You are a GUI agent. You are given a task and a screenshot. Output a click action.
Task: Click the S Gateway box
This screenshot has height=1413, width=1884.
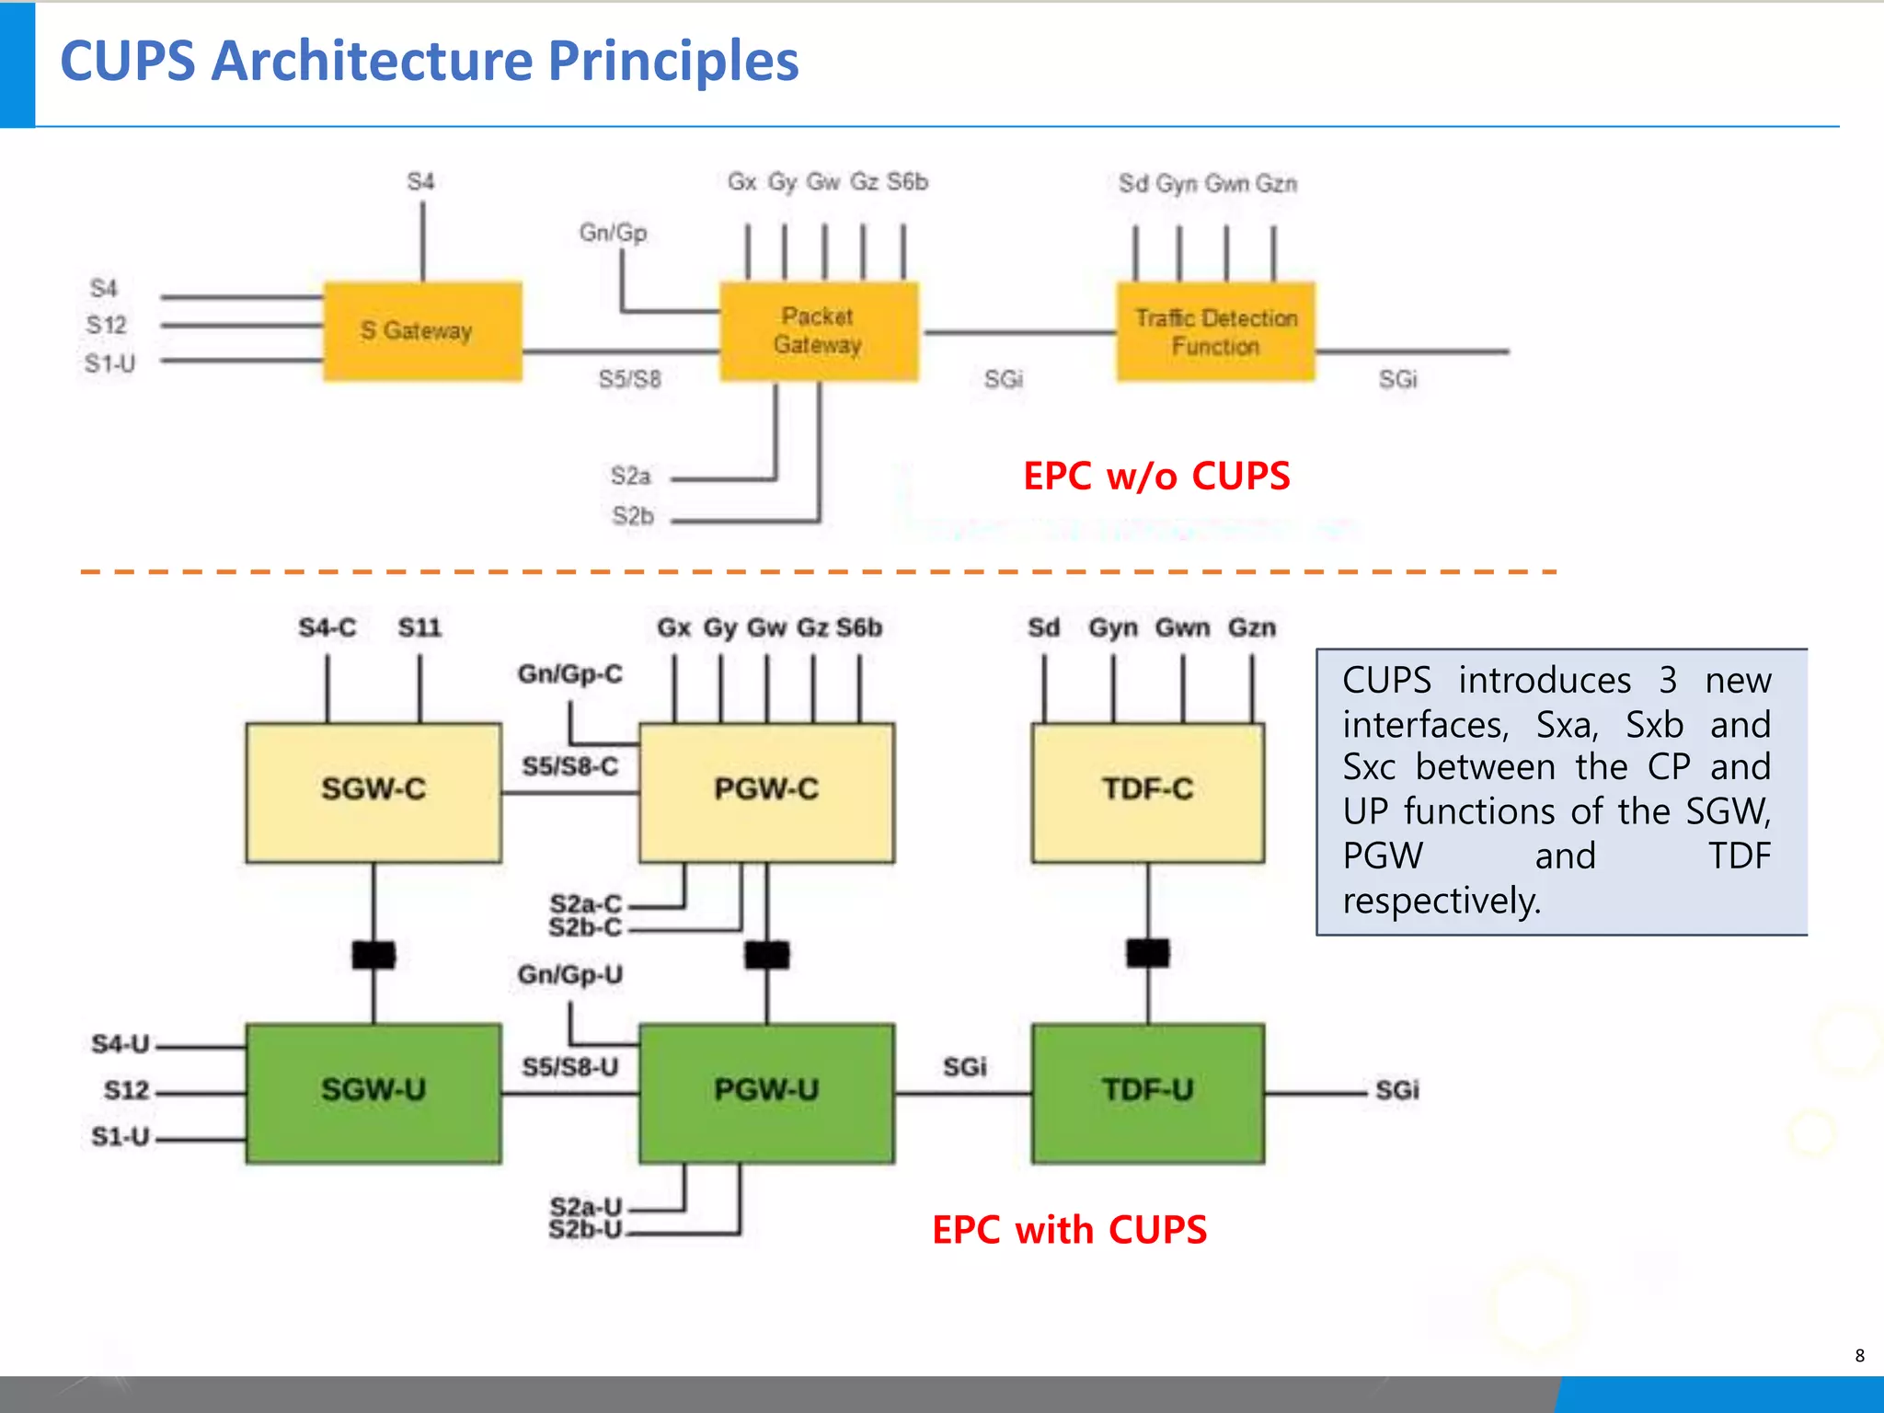pos(422,331)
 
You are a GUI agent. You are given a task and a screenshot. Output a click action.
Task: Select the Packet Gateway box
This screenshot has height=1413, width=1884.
pos(819,331)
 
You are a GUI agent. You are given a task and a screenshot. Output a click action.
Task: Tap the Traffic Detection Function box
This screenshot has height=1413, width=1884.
pos(1215,332)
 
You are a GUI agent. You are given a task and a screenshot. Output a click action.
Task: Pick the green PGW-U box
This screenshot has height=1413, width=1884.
pos(766,1092)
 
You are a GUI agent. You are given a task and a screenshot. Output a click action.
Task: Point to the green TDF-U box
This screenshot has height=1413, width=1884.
pos(1147,1092)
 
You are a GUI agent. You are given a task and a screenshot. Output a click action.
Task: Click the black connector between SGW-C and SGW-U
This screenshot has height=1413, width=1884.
pos(373,955)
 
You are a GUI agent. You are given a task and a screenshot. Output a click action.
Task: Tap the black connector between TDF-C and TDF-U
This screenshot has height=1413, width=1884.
pos(1147,953)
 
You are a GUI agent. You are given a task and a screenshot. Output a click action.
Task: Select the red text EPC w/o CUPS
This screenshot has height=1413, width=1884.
pos(1156,477)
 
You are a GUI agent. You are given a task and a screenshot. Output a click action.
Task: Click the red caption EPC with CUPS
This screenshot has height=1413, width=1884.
pos(1069,1230)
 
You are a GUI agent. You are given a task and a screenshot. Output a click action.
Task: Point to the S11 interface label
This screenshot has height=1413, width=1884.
pos(419,628)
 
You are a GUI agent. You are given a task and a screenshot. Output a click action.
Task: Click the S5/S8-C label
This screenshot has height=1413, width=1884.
pos(569,766)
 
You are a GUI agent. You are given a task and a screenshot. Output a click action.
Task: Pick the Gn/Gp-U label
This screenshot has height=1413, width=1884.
pos(569,974)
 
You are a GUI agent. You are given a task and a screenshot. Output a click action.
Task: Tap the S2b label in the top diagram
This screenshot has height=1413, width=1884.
pos(633,516)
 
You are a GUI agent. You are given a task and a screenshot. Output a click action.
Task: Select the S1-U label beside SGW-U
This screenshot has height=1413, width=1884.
pos(121,1137)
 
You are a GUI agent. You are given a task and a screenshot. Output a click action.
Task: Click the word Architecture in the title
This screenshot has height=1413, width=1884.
pos(372,62)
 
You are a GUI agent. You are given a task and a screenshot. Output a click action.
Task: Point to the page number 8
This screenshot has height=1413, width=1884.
pos(1859,1356)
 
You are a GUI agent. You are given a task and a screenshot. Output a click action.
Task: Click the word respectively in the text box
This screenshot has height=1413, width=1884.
pos(1441,901)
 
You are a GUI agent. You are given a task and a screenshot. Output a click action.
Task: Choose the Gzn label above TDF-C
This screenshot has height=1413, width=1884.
pos(1251,628)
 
